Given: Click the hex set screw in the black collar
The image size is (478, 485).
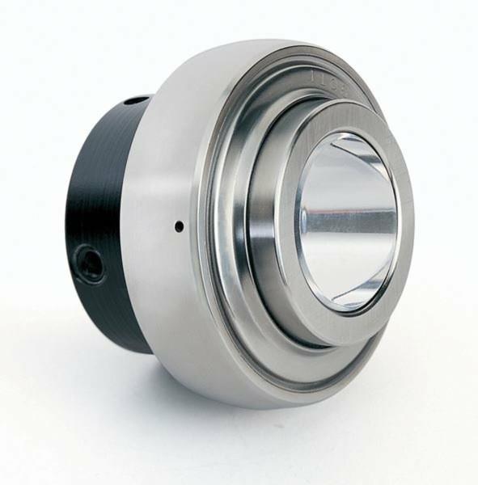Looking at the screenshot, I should coord(90,264).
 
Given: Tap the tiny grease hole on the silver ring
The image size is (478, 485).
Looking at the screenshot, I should coord(179,226).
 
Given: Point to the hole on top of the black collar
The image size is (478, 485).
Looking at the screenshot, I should coord(137,101).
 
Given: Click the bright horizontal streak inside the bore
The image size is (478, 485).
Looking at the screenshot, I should coord(352,218).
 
